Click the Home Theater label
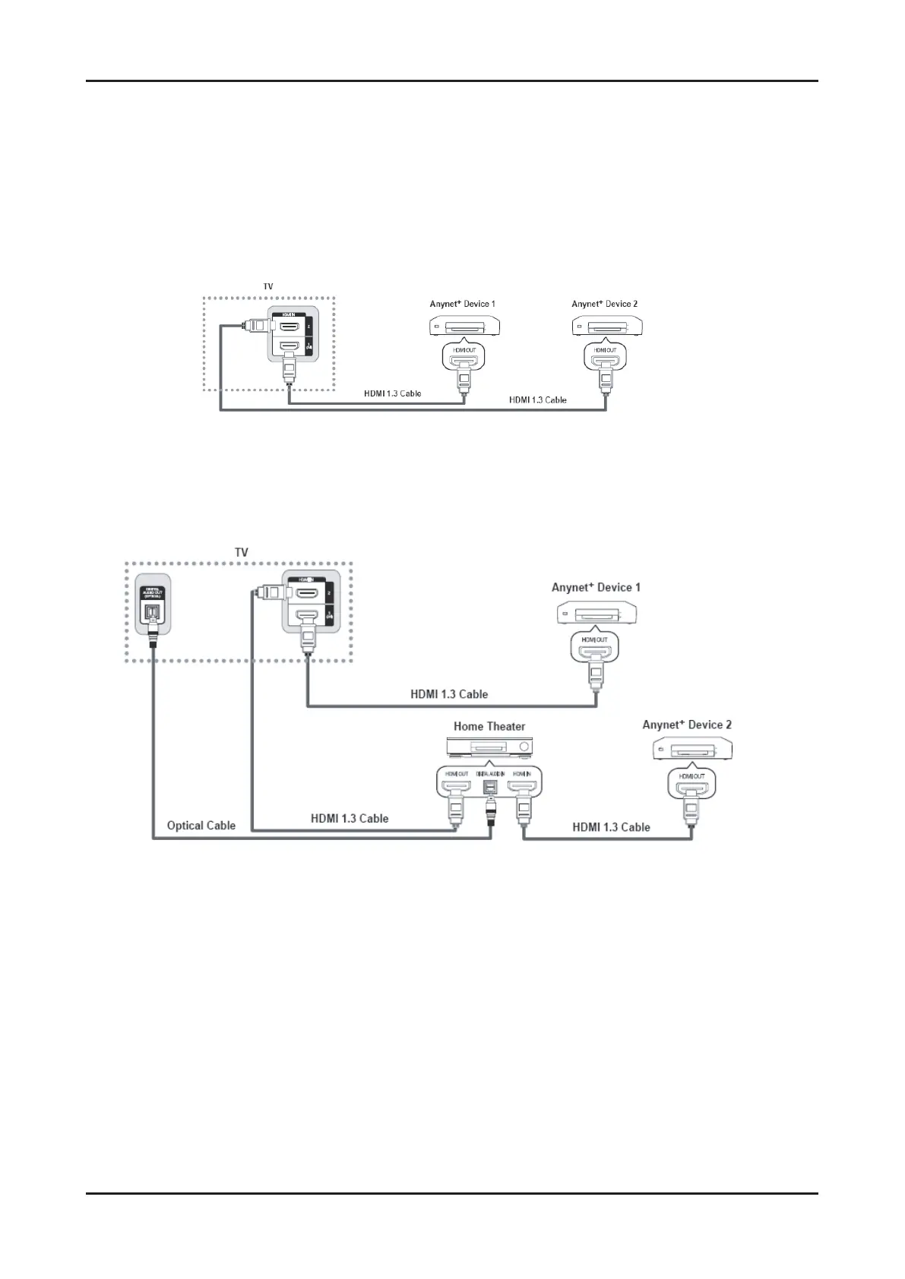489,726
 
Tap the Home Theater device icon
489,747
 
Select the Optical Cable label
201,826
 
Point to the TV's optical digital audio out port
153,613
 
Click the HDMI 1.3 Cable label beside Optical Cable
350,819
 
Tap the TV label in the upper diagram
268,286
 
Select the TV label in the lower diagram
241,552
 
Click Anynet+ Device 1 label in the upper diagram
462,304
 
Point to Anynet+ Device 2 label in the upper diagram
604,304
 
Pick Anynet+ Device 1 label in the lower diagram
596,587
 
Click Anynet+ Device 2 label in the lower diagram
687,725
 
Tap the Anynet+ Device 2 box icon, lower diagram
692,750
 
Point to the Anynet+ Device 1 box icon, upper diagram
461,326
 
